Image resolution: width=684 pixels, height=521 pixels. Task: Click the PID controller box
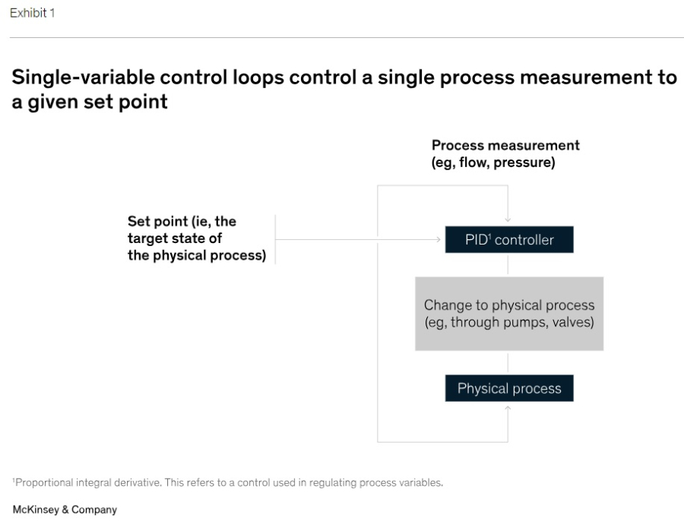[x=509, y=239]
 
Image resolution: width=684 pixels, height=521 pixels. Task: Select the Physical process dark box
[x=509, y=388]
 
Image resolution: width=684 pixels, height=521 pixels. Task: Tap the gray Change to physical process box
[x=509, y=314]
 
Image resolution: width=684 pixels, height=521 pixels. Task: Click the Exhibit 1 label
[x=32, y=13]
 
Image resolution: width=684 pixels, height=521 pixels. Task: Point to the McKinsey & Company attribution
[x=65, y=510]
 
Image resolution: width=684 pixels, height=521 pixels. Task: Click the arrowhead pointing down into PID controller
[x=508, y=219]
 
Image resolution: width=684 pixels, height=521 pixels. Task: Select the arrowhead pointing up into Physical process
[x=508, y=408]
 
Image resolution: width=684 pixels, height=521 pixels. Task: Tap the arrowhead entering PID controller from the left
[x=438, y=239]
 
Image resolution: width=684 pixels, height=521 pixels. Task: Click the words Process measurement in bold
[x=505, y=145]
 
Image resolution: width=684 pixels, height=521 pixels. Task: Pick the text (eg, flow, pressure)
[x=493, y=163]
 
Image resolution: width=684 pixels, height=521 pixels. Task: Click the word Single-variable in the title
[x=84, y=77]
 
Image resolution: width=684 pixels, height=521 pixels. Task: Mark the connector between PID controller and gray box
[x=508, y=264]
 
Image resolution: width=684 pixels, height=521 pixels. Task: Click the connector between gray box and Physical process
[x=508, y=363]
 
